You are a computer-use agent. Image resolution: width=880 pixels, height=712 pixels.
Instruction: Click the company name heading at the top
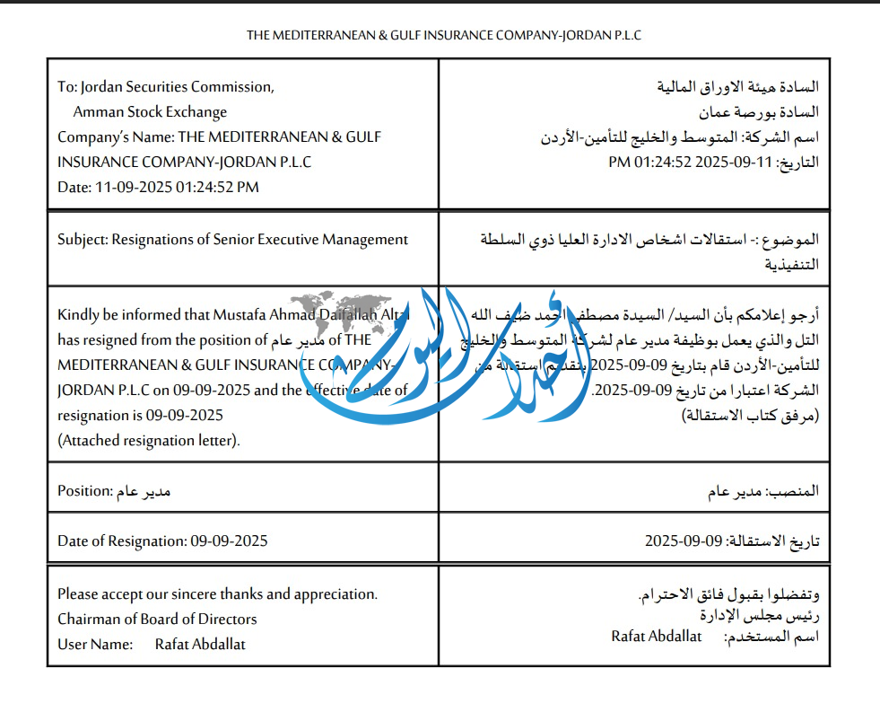coord(444,35)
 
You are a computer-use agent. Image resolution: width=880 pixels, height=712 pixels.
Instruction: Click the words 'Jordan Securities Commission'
coord(177,87)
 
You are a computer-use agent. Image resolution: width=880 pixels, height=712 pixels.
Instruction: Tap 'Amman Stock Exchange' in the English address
coord(150,112)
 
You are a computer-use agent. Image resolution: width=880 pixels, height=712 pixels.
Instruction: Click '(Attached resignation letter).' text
coord(149,440)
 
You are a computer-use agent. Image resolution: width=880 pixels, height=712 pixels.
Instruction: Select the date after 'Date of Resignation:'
coord(229,541)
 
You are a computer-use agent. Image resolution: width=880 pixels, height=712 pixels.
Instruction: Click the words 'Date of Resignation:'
coord(122,541)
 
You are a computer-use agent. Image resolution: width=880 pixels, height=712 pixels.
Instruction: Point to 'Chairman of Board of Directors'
coord(157,619)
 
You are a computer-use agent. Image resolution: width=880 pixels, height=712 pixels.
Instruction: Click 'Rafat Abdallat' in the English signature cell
coord(200,644)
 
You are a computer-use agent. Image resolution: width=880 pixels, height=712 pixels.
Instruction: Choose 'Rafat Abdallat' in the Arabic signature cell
coord(656,636)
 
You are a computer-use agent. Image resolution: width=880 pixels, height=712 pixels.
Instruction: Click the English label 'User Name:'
coord(94,644)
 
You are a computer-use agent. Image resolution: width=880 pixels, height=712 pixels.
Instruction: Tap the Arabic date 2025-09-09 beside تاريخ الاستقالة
coord(684,541)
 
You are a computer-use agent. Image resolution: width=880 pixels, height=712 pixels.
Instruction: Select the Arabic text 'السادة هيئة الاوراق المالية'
coord(738,87)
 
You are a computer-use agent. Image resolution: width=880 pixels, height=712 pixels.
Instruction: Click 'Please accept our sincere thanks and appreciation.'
coord(217,593)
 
